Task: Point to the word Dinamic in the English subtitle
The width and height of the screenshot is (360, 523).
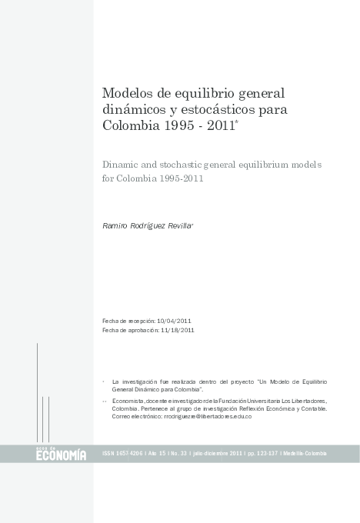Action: (x=122, y=165)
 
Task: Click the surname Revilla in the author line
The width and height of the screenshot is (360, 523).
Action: (x=178, y=225)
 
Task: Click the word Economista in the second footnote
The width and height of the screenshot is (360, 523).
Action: (x=128, y=401)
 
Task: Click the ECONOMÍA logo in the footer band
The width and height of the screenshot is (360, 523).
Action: (x=61, y=455)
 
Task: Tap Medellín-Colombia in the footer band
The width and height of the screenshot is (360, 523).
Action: (x=305, y=454)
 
